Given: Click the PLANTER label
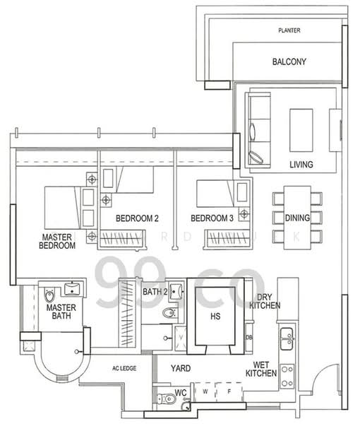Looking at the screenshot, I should click(x=289, y=31).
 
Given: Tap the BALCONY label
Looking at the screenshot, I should click(x=289, y=62).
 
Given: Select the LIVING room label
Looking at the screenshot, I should click(x=301, y=165).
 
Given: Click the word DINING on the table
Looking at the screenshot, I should click(x=297, y=218).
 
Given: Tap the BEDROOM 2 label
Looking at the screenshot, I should click(x=137, y=218).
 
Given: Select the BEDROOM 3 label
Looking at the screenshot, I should click(x=212, y=218).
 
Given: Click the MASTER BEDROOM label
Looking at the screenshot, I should click(x=58, y=241).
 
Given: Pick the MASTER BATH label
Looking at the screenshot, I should click(x=61, y=313).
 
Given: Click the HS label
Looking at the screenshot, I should click(x=216, y=317).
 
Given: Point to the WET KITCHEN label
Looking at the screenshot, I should click(x=260, y=370).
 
